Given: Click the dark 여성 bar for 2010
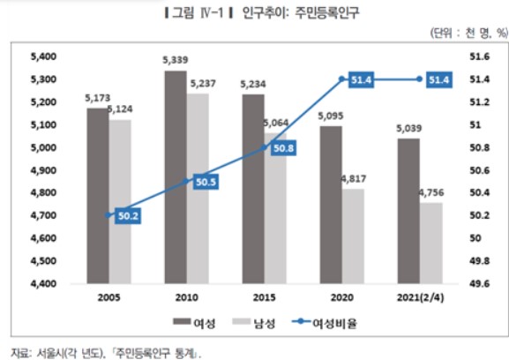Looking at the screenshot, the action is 176,177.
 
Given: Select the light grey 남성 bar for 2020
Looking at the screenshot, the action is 353,236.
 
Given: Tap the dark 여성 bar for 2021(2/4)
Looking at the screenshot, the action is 408,212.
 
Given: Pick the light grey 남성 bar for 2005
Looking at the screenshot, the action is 120,202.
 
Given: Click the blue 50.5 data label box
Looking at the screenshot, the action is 206,182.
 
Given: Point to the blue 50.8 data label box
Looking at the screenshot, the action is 283,148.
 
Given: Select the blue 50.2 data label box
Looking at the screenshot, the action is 128,216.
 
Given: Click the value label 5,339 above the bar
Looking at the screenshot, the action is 176,60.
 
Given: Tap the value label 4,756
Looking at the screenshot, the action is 431,193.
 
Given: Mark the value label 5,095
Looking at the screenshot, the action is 331,116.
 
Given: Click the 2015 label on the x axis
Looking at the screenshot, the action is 265,297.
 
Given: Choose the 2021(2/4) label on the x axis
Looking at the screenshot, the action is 420,297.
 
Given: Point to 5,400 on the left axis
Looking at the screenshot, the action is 43,56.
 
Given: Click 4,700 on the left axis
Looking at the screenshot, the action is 43,215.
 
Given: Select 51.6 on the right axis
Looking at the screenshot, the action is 480,56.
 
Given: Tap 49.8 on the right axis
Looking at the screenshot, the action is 480,260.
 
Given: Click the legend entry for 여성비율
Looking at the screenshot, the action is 325,323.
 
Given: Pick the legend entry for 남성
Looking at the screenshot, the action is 254,323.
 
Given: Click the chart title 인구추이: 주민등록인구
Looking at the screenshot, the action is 301,13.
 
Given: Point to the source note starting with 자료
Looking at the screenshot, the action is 106,353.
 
